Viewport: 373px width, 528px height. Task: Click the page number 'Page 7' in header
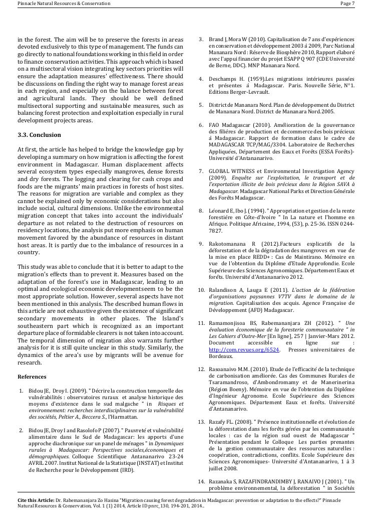pos(347,4)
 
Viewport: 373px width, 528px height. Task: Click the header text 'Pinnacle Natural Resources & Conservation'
pos(64,4)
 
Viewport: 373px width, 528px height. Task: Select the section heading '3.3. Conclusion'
pos(39,135)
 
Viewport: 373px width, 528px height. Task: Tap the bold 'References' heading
pos(32,377)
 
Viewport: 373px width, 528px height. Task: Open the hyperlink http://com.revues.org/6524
pos(236,349)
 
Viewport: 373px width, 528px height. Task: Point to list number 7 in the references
pos(201,171)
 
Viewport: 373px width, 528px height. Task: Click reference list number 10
pos(200,290)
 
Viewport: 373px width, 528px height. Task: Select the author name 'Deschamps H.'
pos(228,79)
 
